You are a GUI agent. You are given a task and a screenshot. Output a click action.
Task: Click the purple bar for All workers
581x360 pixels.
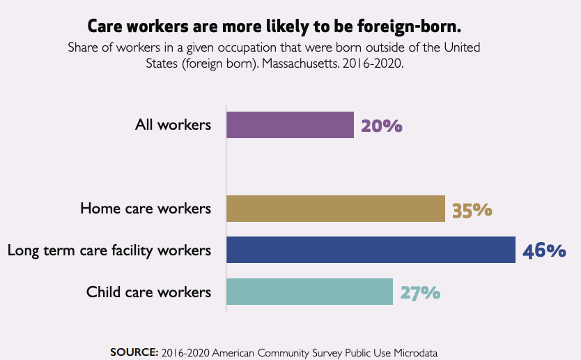point(290,125)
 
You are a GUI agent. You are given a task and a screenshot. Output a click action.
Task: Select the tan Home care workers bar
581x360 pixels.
point(336,209)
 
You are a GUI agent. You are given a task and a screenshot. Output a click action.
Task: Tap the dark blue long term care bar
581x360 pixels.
point(371,250)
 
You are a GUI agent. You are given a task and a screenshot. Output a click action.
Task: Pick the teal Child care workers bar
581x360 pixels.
point(309,292)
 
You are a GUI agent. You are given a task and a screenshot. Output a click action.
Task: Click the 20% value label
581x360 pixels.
point(382,126)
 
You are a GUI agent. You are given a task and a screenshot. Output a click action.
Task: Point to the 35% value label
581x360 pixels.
point(472,209)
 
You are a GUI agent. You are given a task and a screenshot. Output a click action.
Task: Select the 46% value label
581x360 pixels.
point(544,250)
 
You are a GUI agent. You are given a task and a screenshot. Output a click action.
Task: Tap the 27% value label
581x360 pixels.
point(420,292)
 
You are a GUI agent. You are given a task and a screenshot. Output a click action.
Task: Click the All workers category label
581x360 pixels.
point(173,125)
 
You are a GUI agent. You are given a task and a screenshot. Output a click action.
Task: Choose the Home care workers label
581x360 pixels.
point(145,209)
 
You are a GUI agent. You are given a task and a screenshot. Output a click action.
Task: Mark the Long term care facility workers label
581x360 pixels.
point(109,250)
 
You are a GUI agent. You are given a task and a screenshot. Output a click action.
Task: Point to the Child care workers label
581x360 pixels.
point(148,292)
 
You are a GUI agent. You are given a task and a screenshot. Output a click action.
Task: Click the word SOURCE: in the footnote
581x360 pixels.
point(134,352)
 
